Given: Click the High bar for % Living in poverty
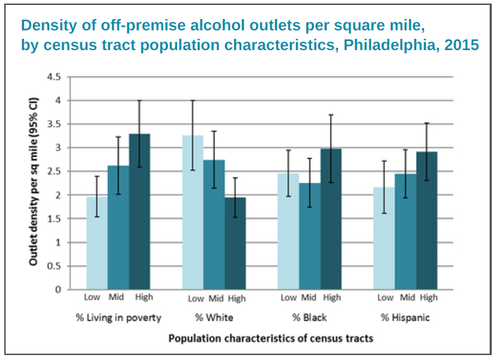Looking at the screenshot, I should coord(140,212).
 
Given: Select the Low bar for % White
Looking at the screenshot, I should coord(193,212).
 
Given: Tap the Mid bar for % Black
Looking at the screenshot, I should coord(310,236).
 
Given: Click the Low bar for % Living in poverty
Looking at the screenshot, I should coord(96,243).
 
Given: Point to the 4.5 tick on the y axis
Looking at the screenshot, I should coord(53,77).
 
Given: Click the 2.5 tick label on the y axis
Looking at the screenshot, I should coord(53,172).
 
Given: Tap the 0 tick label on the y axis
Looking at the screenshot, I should coord(58,289).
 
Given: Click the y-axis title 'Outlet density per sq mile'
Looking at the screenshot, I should coord(34,182).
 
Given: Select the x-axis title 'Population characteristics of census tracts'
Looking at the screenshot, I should coord(270,339).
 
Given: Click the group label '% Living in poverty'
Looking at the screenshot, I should coord(119,318).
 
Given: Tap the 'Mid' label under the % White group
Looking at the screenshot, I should coord(216,298).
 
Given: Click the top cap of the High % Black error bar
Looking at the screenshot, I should coord(332,114).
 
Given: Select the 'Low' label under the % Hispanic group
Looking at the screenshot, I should coord(385,298).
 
